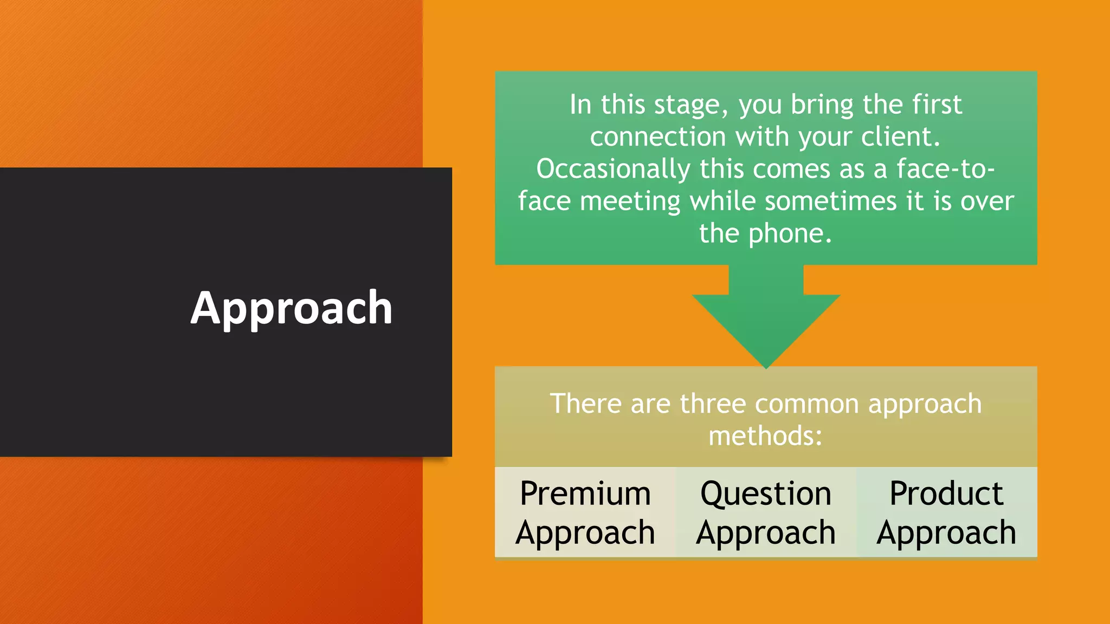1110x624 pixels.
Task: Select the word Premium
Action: click(x=585, y=493)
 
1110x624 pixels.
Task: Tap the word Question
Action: click(x=766, y=495)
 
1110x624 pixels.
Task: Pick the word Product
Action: click(x=946, y=493)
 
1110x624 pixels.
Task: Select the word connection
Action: click(x=657, y=136)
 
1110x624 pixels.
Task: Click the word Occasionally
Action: click(x=613, y=169)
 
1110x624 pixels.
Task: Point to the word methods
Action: click(x=765, y=436)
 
